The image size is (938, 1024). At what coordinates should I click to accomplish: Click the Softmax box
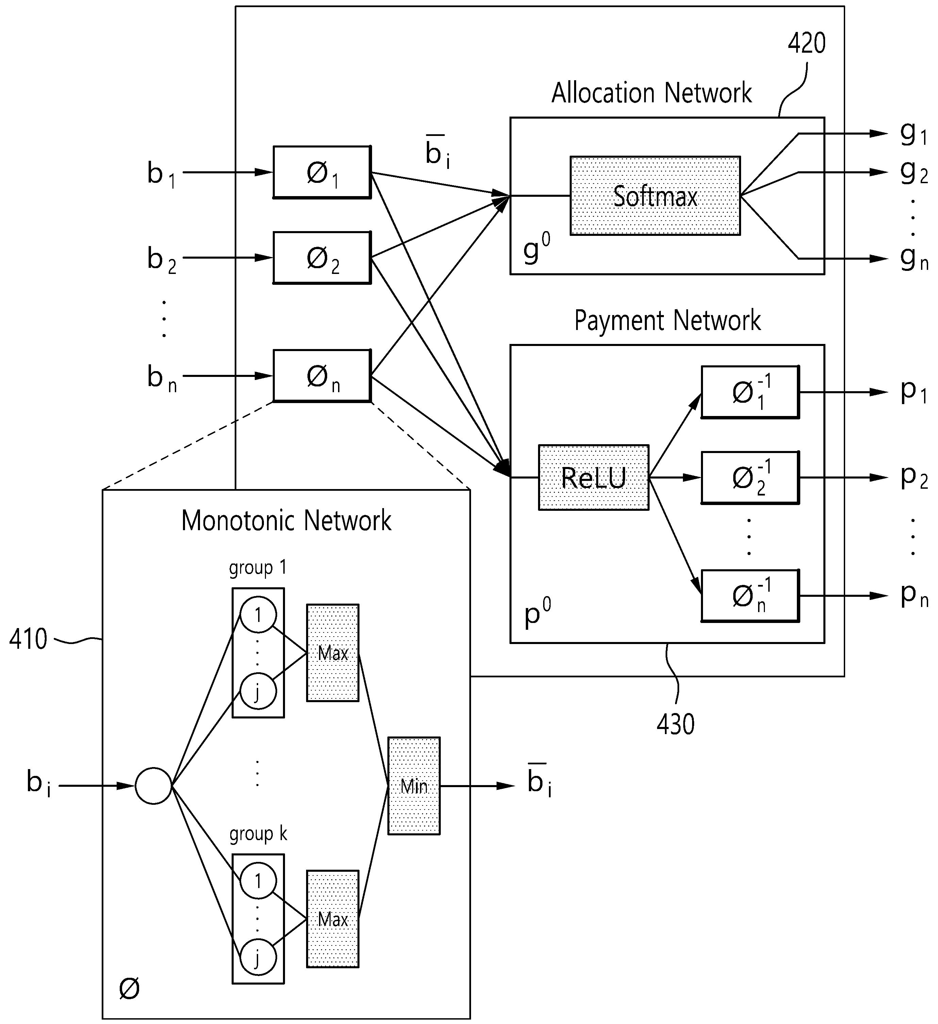coord(655,195)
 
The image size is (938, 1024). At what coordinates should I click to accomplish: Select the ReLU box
coord(593,478)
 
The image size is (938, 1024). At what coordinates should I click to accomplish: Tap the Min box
coord(414,786)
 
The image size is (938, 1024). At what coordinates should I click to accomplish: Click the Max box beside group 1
coord(333,653)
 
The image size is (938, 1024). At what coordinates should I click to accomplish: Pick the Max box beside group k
coord(333,919)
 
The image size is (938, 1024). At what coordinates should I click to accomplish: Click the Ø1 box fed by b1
coord(322,172)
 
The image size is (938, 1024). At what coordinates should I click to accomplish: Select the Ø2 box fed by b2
coord(322,258)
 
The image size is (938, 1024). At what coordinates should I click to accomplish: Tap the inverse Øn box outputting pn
coord(750,596)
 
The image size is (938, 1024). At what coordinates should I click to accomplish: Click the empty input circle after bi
coord(153,786)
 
